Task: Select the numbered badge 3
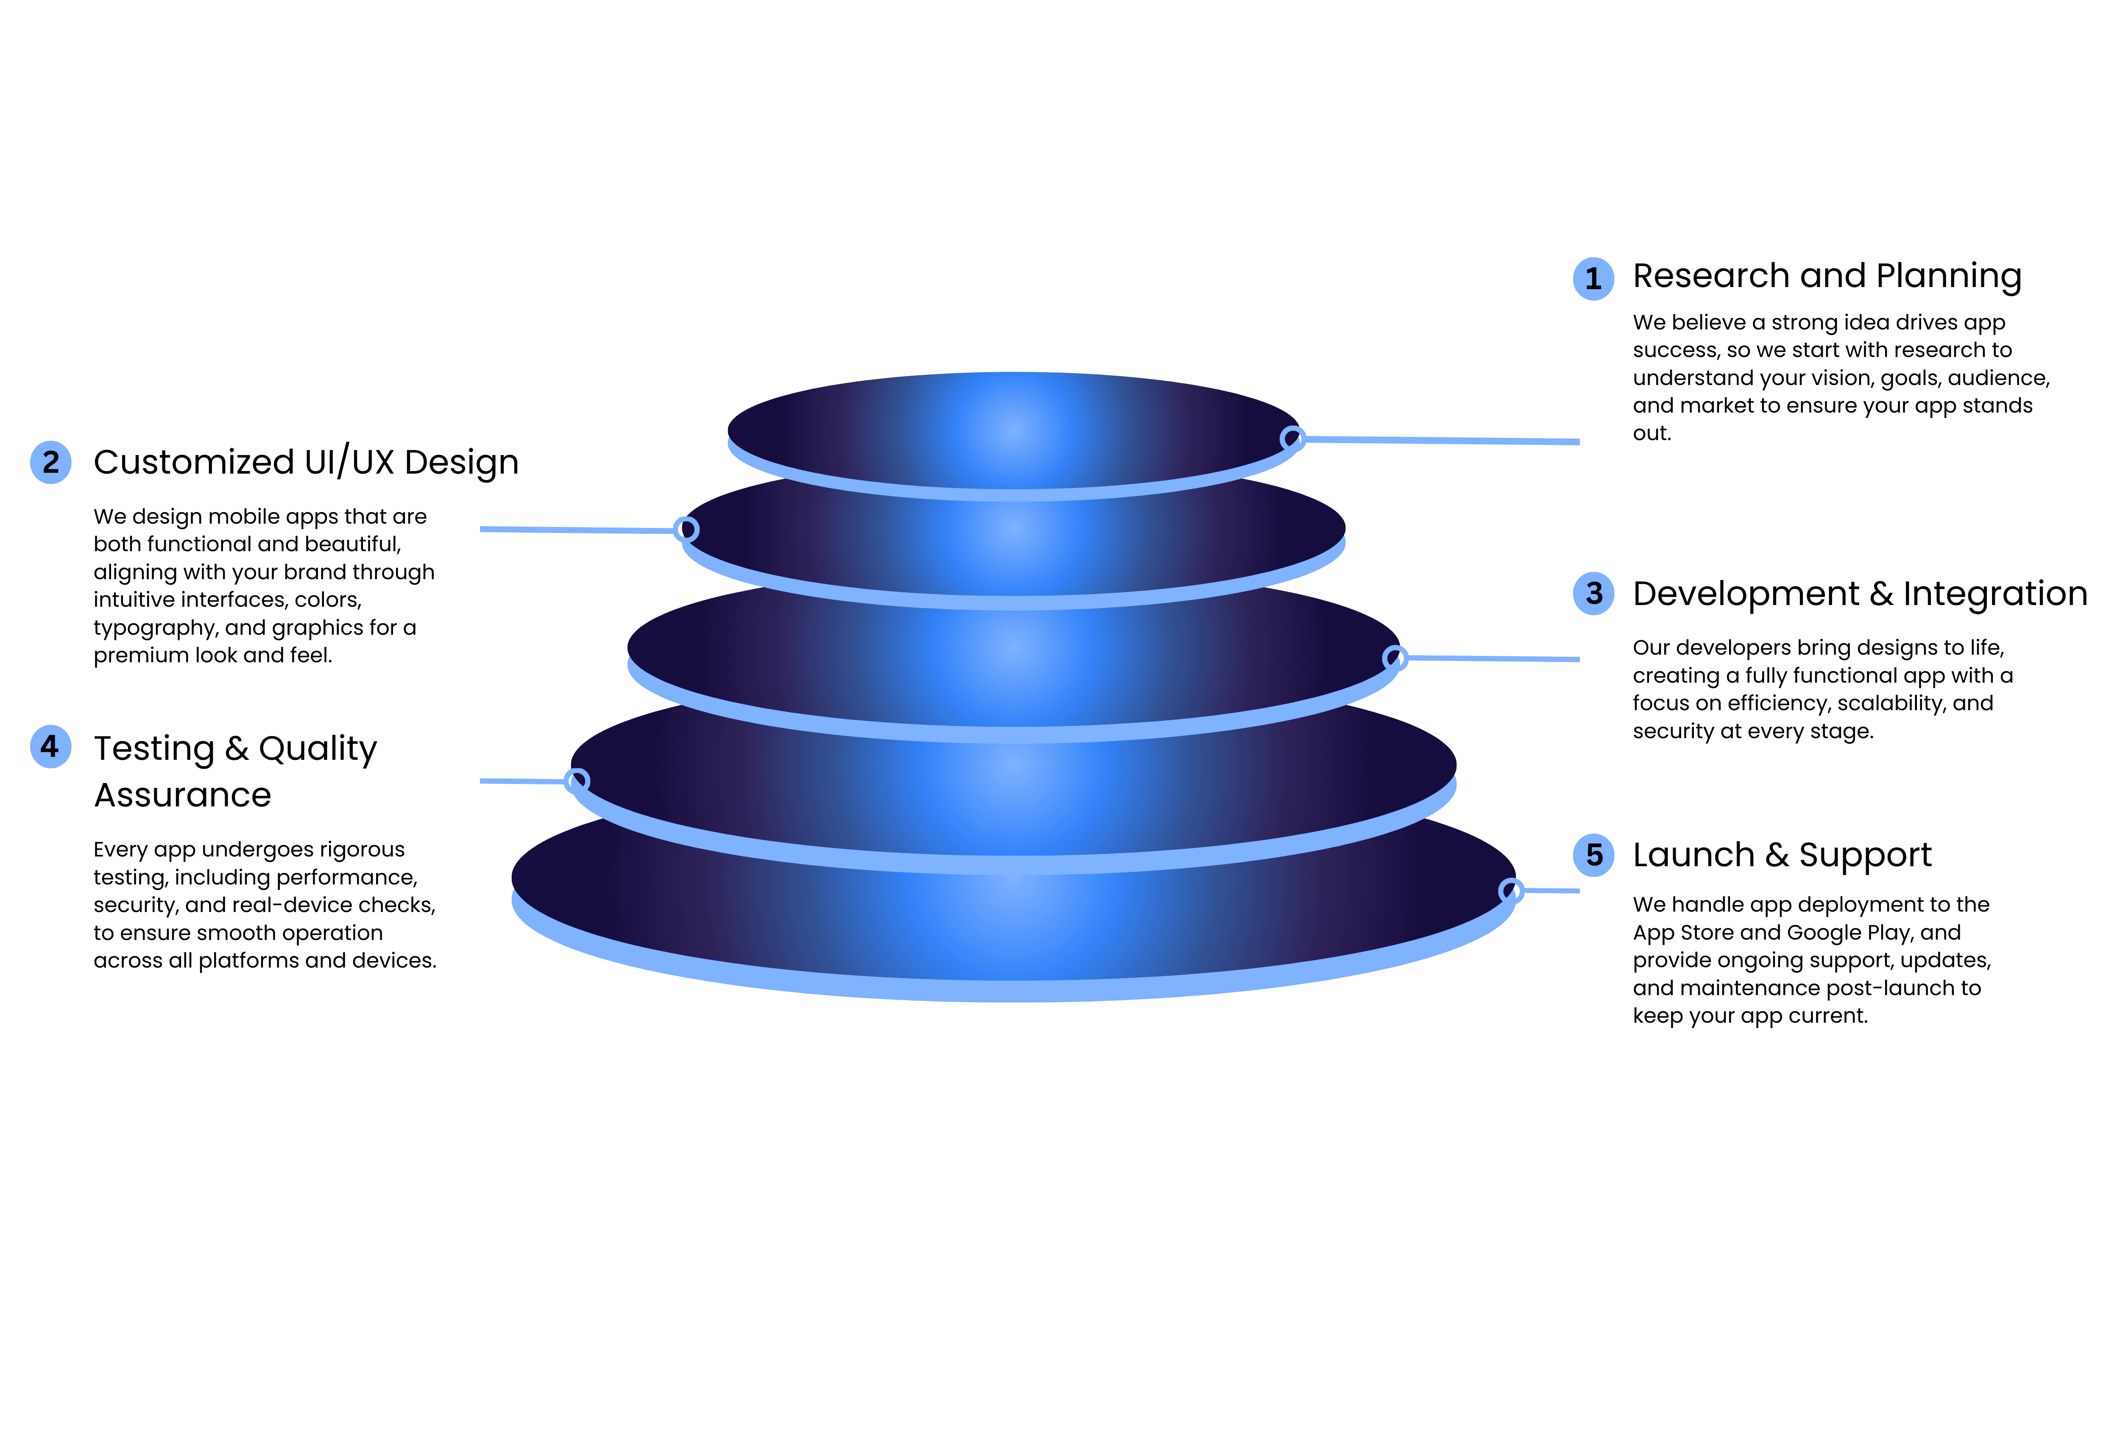coord(1594,594)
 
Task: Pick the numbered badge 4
coord(51,747)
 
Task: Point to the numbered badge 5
coord(1594,856)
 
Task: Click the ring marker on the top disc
coord(1292,439)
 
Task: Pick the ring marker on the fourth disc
coord(577,781)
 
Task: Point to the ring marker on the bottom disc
coord(1511,890)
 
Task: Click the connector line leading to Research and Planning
coord(1441,441)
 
